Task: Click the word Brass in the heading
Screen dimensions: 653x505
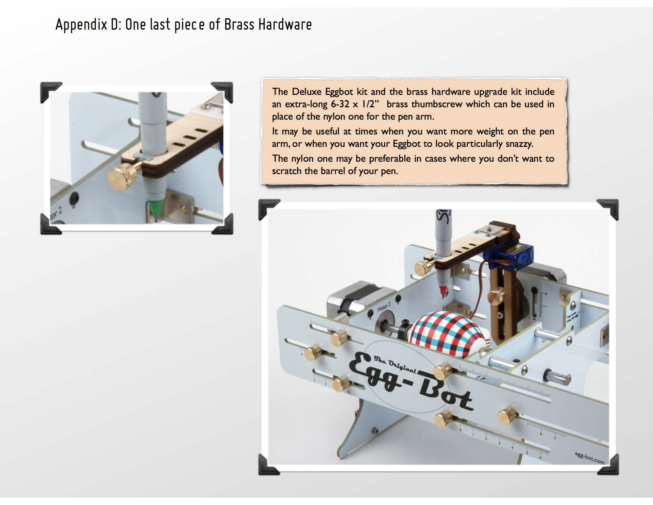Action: tap(239, 25)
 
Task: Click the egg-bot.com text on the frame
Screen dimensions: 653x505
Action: tap(590, 458)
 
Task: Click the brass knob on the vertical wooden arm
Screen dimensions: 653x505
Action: tap(497, 295)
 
